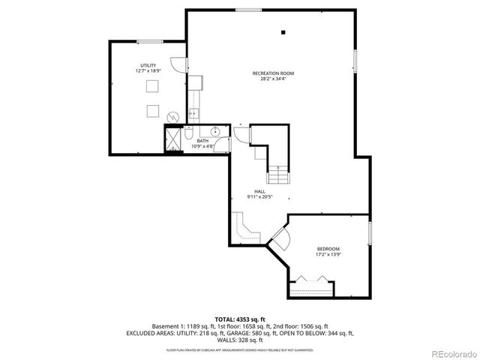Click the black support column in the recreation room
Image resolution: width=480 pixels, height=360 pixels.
(x=283, y=32)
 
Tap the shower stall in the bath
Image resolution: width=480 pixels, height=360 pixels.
(x=174, y=139)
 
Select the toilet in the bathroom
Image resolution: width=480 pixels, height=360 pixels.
(x=190, y=133)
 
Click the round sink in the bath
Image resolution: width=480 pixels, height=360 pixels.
(x=216, y=131)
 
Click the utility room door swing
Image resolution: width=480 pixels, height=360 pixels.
(x=177, y=65)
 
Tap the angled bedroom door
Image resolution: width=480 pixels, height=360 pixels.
(x=278, y=239)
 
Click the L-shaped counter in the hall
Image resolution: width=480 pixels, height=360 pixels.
(x=243, y=228)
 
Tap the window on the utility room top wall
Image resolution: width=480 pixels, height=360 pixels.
(x=149, y=40)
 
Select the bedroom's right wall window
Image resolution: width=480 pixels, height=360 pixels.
(x=370, y=232)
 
